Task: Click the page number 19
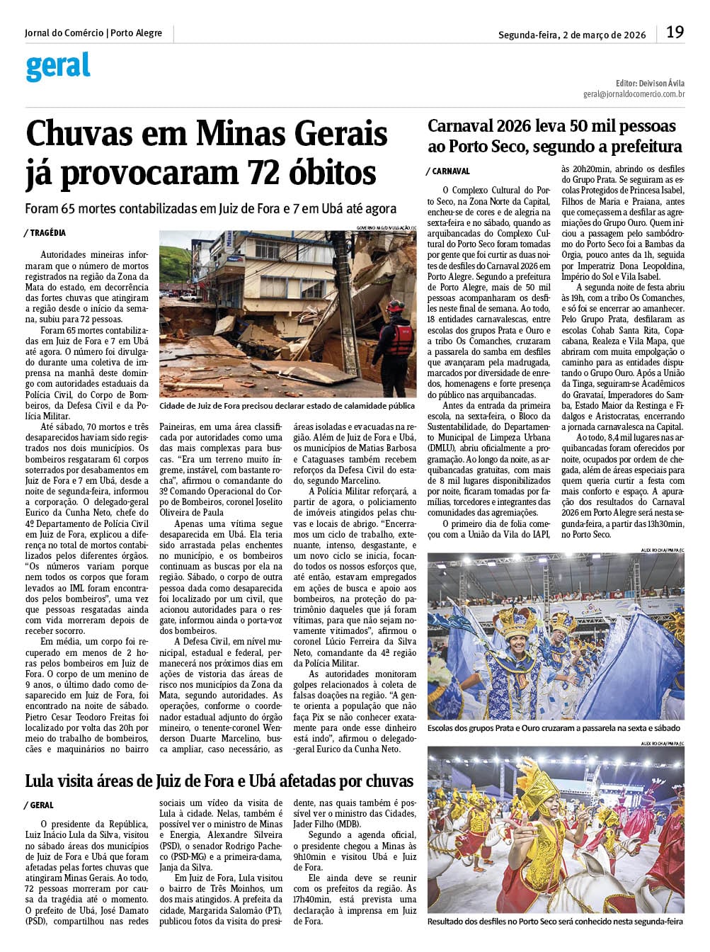click(675, 32)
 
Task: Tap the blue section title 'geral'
click(58, 67)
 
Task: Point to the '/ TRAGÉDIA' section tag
click(45, 233)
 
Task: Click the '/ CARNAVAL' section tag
click(448, 171)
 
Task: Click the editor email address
click(634, 93)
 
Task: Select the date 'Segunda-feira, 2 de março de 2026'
click(572, 34)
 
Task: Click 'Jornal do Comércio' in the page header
click(64, 33)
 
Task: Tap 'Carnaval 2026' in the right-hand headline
click(481, 126)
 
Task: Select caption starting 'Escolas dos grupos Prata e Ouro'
click(554, 728)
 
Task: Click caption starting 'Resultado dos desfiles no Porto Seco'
click(555, 922)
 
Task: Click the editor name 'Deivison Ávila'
click(661, 83)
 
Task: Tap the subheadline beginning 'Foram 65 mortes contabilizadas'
click(210, 209)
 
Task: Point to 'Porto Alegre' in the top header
click(137, 33)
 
